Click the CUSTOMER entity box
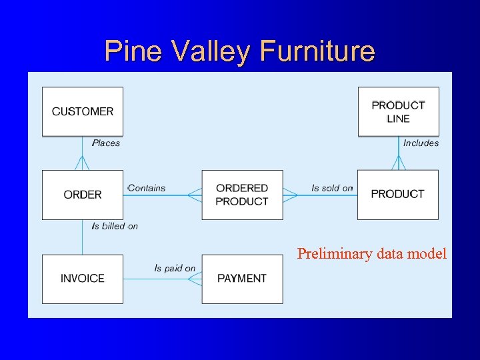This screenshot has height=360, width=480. tap(83, 111)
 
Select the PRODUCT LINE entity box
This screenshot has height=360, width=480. tap(398, 111)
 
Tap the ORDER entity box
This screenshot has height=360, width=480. tap(83, 195)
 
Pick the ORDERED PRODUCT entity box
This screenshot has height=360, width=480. tap(242, 195)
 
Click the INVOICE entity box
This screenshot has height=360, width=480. tap(83, 279)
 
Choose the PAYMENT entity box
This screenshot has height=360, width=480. tap(242, 279)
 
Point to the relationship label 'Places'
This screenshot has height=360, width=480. tap(106, 143)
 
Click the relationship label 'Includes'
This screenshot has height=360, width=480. tap(421, 143)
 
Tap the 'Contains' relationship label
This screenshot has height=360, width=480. tap(147, 188)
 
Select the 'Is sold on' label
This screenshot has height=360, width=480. tap(331, 188)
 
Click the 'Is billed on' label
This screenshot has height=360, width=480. tap(115, 226)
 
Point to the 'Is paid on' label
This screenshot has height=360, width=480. tap(175, 268)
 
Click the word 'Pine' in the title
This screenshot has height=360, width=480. tap(131, 51)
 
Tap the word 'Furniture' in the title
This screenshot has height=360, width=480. tap(319, 51)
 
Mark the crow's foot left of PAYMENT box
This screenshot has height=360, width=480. tap(195, 279)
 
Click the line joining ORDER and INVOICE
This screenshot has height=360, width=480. tap(82, 237)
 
